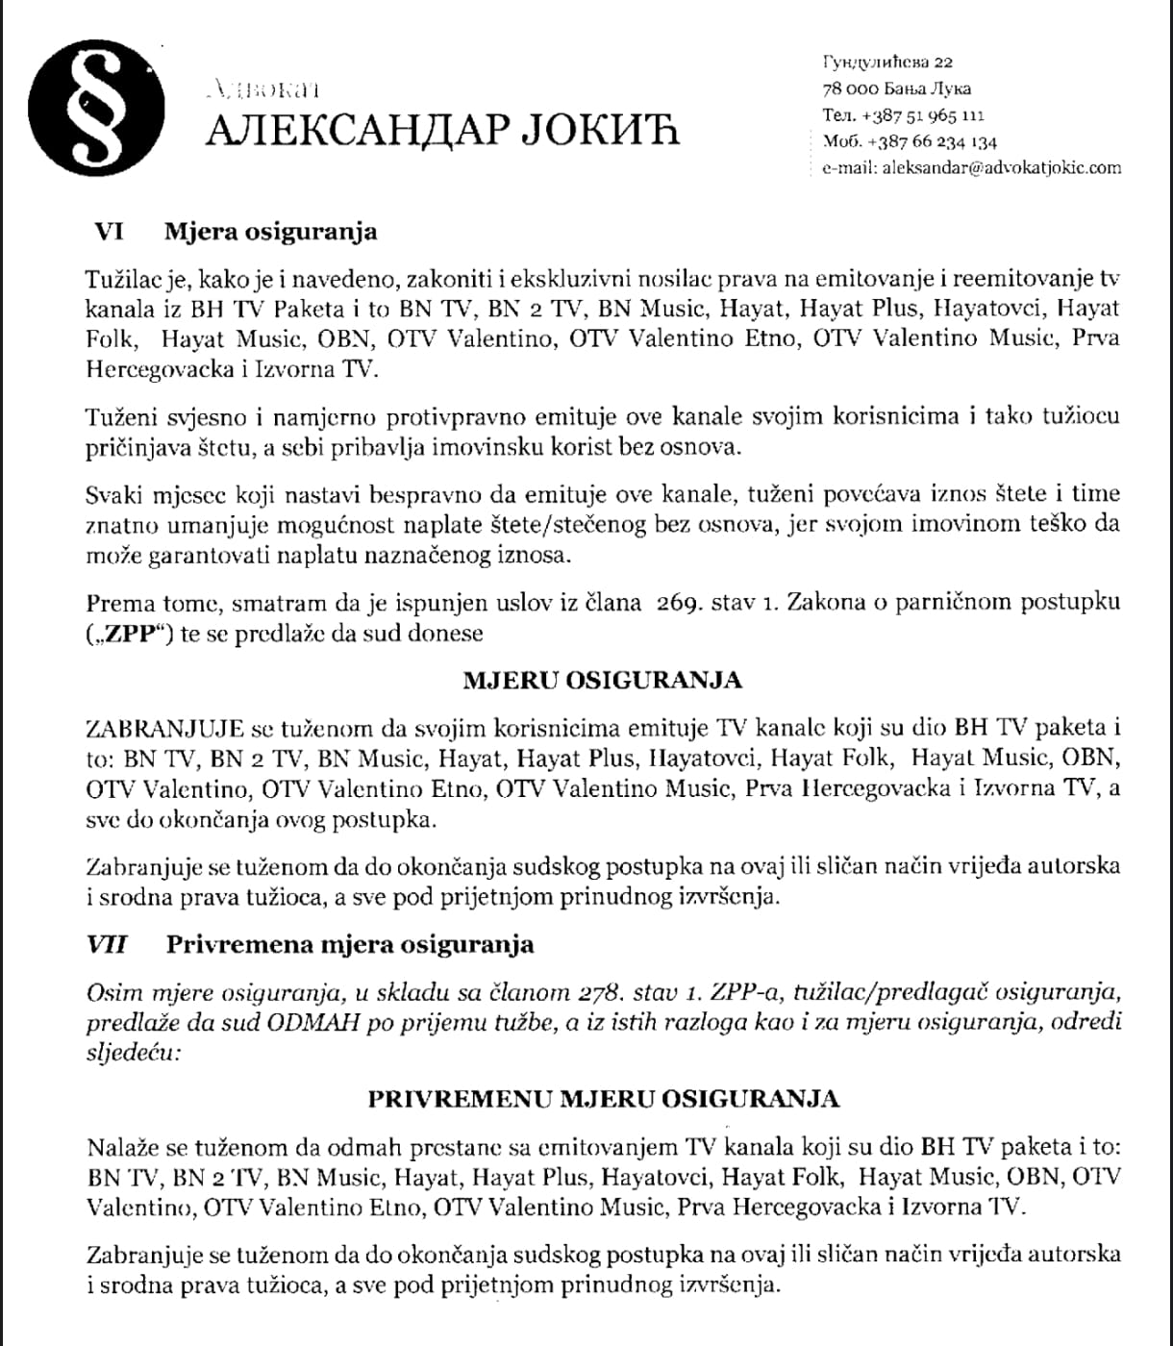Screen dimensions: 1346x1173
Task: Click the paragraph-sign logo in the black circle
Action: click(x=94, y=108)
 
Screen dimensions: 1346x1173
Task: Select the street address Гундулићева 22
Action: click(x=887, y=62)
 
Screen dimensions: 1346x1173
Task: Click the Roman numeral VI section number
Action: click(x=106, y=232)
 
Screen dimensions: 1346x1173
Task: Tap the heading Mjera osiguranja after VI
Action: click(x=271, y=232)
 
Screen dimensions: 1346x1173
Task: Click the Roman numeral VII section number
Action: click(x=107, y=944)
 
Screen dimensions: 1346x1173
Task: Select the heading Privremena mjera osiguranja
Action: click(x=350, y=944)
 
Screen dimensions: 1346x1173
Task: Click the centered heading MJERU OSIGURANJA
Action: click(x=603, y=681)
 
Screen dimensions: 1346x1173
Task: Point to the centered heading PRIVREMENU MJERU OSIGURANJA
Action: click(x=604, y=1099)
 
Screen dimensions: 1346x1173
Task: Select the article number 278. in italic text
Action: click(x=604, y=992)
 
